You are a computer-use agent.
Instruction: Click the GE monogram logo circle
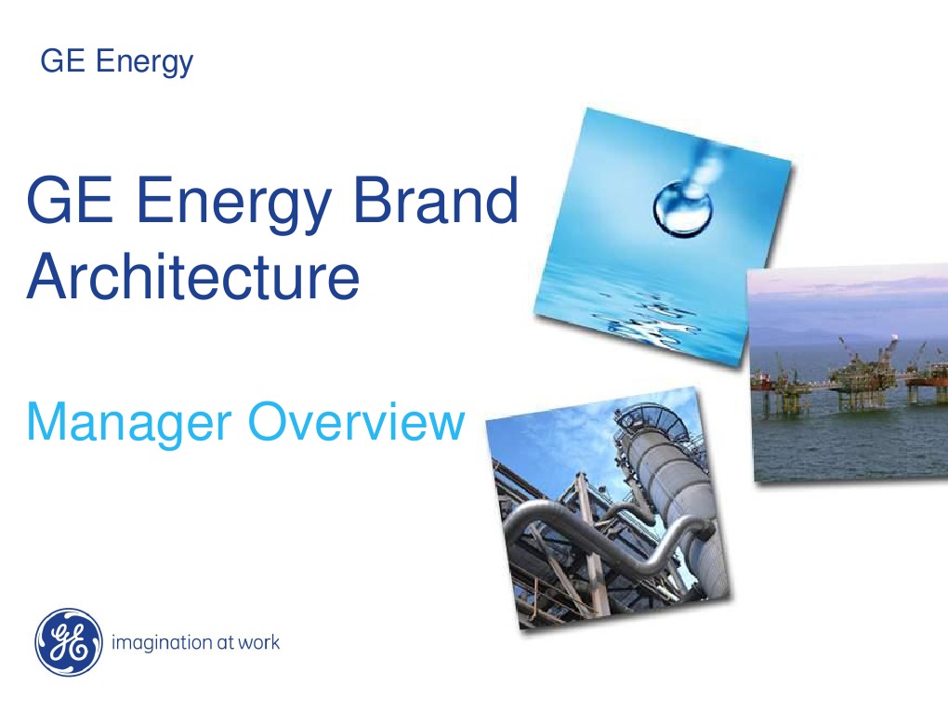click(67, 642)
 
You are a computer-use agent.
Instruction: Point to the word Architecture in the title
click(192, 275)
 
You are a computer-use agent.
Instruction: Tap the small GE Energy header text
click(117, 62)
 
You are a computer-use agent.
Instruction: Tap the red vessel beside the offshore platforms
click(763, 380)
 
